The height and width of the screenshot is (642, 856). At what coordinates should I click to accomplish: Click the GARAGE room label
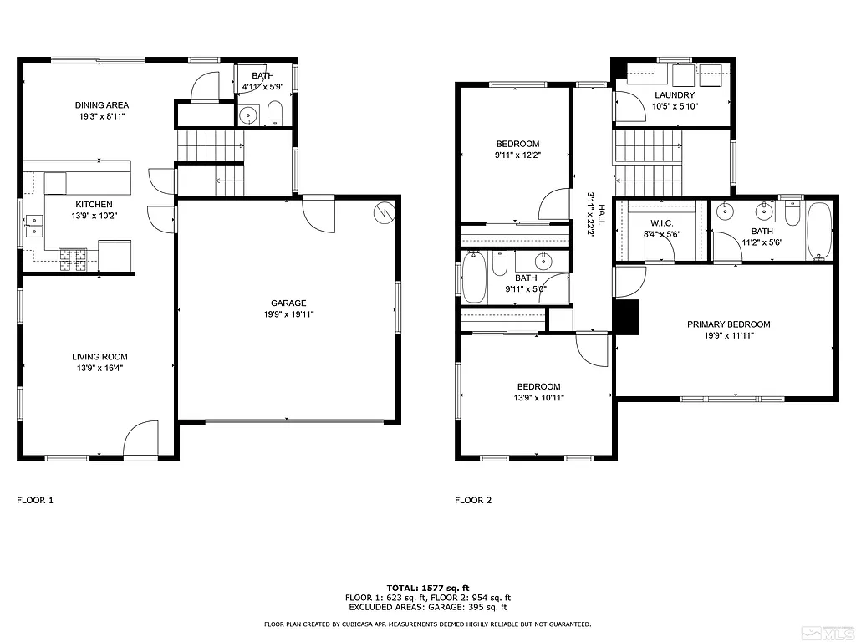pyautogui.click(x=288, y=303)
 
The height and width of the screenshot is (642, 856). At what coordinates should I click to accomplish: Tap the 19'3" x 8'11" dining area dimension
pyautogui.click(x=102, y=118)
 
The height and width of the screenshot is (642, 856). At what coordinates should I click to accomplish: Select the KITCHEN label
pyautogui.click(x=94, y=205)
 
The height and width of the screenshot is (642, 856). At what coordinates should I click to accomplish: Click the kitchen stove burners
pyautogui.click(x=73, y=260)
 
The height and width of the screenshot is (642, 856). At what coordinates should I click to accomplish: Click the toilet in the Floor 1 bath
pyautogui.click(x=275, y=114)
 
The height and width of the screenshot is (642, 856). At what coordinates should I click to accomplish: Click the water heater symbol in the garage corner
pyautogui.click(x=385, y=212)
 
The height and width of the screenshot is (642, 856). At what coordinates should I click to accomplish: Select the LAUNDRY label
pyautogui.click(x=675, y=96)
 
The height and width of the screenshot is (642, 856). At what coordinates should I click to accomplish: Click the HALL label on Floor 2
pyautogui.click(x=599, y=201)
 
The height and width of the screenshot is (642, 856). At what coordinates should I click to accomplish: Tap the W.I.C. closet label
pyautogui.click(x=661, y=223)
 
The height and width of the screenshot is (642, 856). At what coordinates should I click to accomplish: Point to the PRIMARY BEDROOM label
pyautogui.click(x=729, y=324)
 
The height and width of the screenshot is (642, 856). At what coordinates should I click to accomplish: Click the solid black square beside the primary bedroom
pyautogui.click(x=626, y=316)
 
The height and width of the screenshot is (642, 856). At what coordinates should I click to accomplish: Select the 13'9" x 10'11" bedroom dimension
pyautogui.click(x=538, y=398)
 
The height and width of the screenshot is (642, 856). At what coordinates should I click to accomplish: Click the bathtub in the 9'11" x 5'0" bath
pyautogui.click(x=474, y=278)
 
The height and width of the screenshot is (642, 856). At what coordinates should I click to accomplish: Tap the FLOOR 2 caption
pyautogui.click(x=473, y=501)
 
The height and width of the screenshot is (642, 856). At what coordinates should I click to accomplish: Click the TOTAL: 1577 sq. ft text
pyautogui.click(x=427, y=587)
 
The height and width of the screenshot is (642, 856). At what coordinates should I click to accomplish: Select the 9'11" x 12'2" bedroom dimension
pyautogui.click(x=517, y=155)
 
